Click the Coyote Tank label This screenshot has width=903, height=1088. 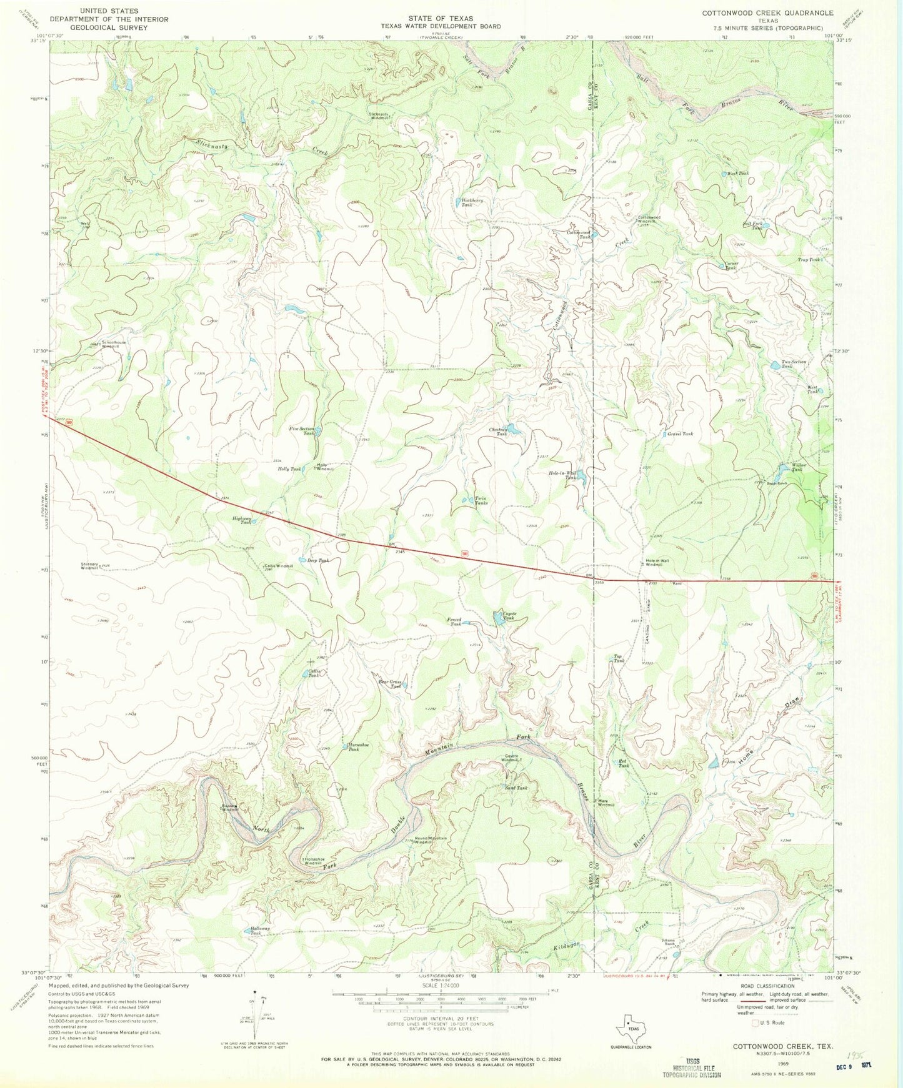tap(509, 616)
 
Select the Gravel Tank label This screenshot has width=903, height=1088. tap(680, 433)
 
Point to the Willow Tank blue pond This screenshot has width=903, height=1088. tap(782, 468)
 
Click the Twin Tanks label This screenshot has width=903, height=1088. tap(481, 500)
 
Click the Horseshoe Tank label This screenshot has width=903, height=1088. tap(353, 747)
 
